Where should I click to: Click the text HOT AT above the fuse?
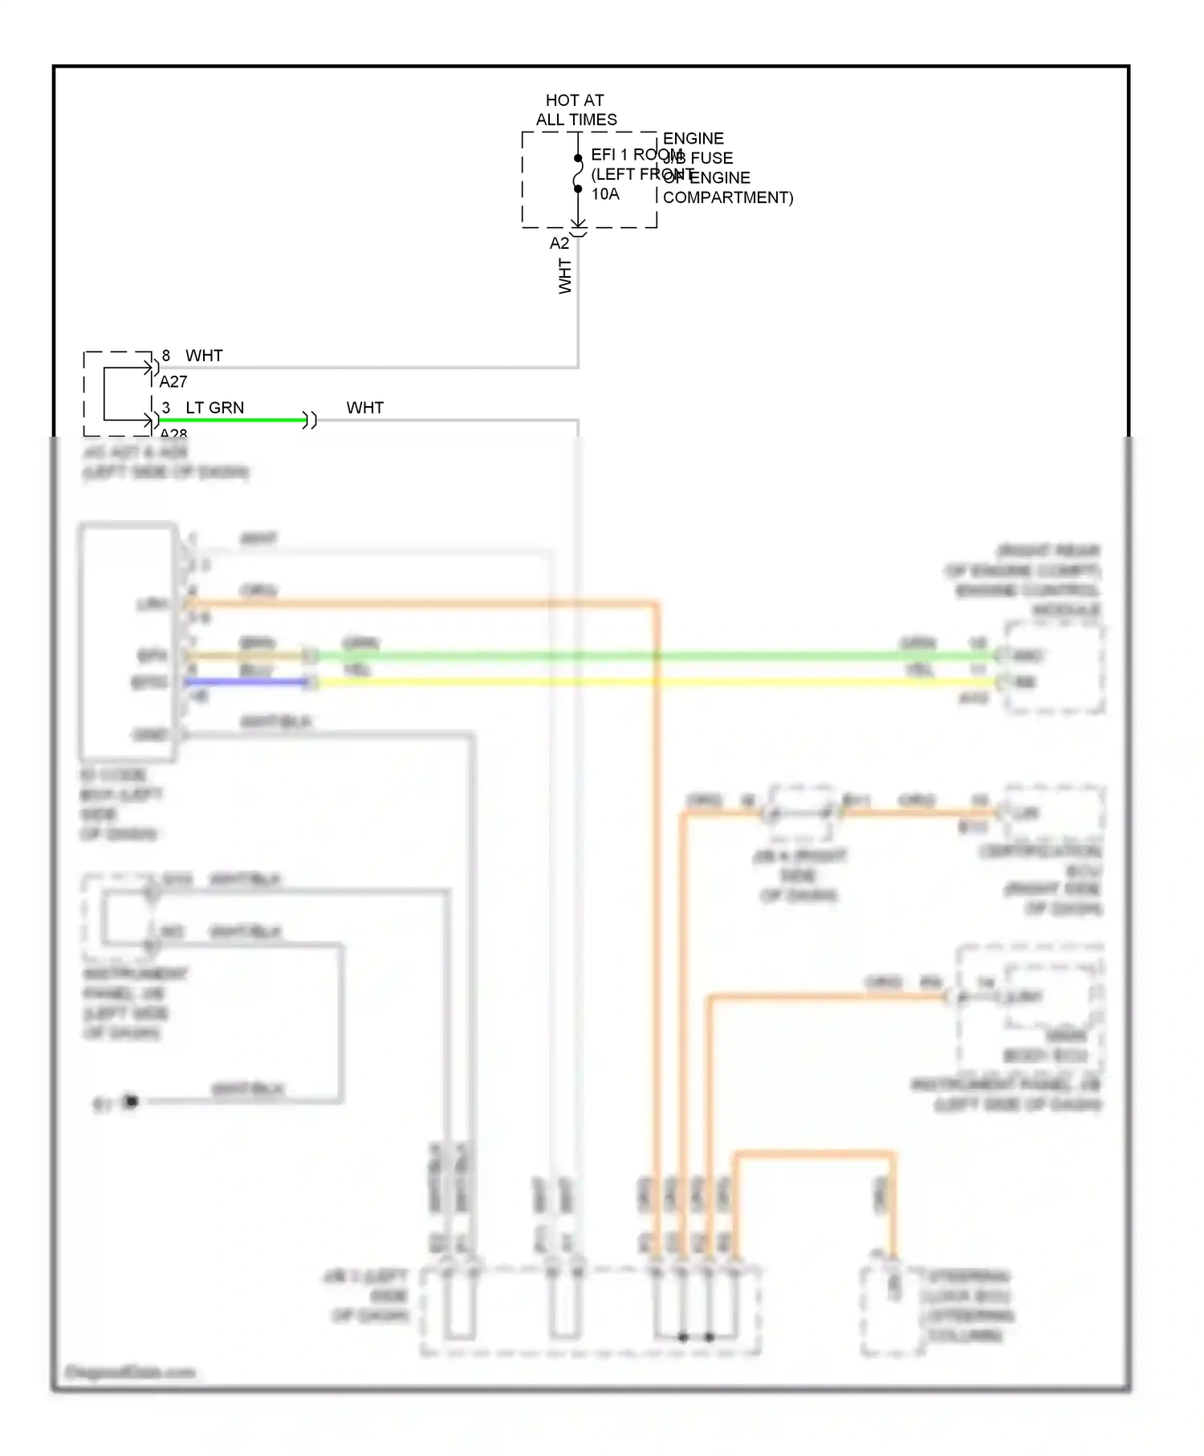(574, 100)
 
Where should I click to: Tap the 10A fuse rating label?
(605, 194)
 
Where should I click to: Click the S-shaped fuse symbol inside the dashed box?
(578, 174)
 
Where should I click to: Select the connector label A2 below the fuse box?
(559, 243)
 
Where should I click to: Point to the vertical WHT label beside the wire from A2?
(565, 276)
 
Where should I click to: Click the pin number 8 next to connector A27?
(166, 356)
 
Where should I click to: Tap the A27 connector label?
(173, 382)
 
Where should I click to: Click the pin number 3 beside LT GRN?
(166, 408)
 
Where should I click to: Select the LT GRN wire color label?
(214, 408)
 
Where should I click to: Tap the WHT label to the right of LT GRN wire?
(364, 408)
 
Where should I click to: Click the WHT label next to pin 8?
(204, 356)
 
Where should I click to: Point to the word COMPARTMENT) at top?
(727, 197)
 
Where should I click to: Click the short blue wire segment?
(245, 682)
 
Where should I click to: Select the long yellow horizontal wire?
(642, 682)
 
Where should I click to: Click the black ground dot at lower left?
(132, 1101)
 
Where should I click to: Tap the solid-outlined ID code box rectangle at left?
(127, 642)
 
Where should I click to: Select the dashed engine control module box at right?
(1055, 669)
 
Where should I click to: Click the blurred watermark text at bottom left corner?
(128, 1372)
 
